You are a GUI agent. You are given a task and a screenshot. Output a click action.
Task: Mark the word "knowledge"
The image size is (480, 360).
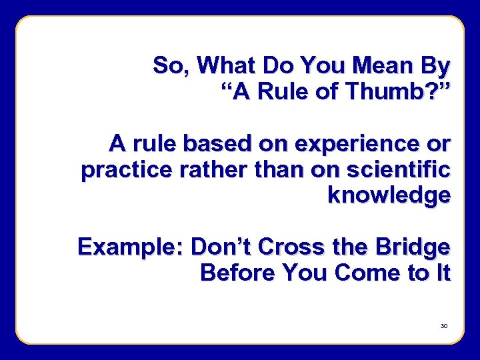pos(389,195)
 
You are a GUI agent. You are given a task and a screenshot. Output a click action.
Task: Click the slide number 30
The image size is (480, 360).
pos(444,326)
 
